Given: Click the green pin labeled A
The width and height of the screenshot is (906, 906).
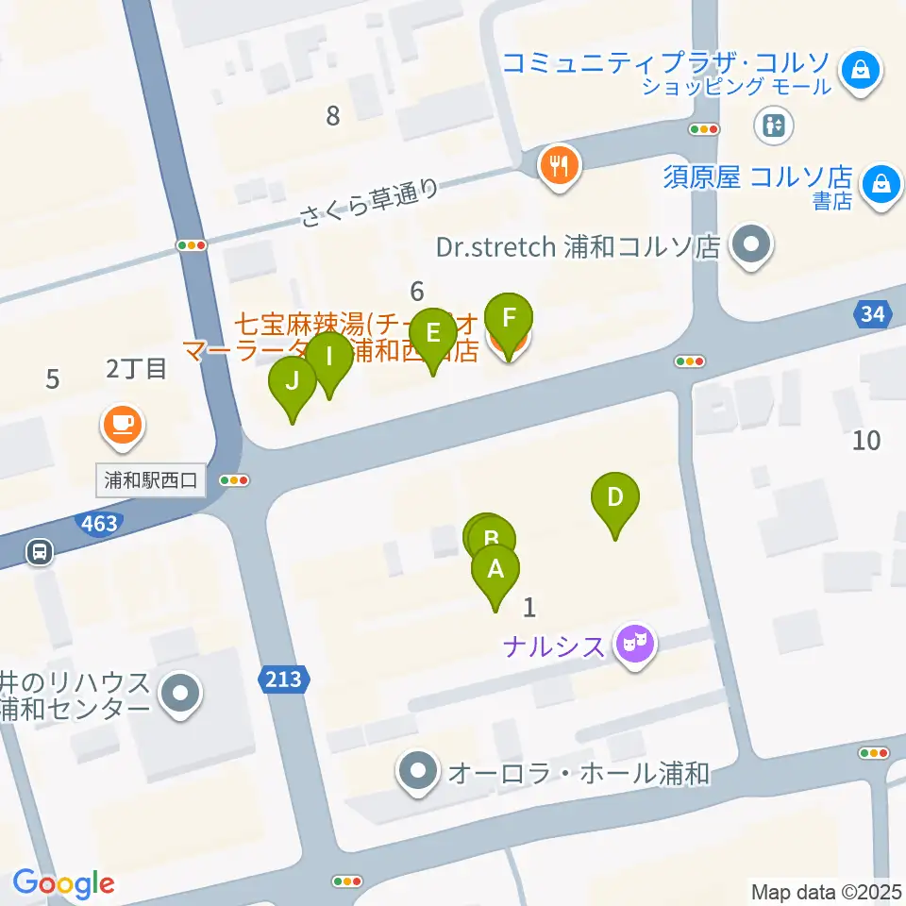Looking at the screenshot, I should [495, 570].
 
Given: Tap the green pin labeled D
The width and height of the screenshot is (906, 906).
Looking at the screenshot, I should [615, 497].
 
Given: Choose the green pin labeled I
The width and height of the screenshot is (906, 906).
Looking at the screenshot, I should [329, 358].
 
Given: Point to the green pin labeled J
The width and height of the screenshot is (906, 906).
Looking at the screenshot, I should [293, 382].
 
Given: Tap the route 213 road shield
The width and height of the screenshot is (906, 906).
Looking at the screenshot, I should [284, 679].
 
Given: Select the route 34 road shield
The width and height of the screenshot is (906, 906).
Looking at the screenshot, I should [875, 315].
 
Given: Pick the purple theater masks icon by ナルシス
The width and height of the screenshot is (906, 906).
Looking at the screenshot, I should [635, 646].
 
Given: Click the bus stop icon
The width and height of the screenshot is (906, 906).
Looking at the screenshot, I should [40, 550].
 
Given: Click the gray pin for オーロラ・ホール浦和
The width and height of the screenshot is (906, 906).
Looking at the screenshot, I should [417, 774].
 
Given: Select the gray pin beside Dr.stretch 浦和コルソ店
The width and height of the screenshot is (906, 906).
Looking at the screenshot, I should [752, 247].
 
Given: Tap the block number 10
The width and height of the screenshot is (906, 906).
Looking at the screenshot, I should [866, 439].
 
